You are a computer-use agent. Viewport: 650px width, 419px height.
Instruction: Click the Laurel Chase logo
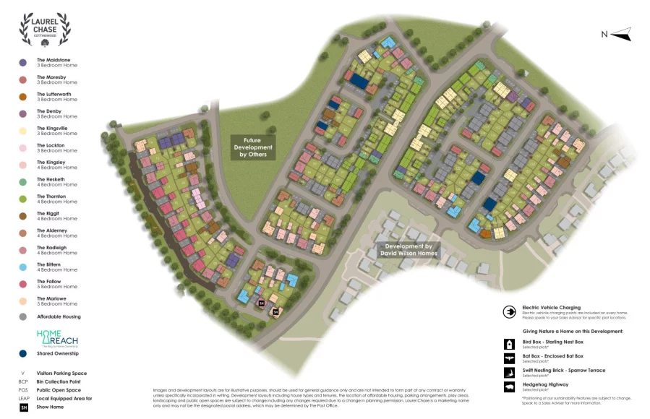[x=45, y=30]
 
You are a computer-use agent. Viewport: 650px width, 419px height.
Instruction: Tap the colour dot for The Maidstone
[x=22, y=63]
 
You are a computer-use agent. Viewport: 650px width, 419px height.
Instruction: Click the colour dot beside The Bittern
[x=22, y=267]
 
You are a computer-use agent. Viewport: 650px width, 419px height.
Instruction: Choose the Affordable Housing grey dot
[x=22, y=317]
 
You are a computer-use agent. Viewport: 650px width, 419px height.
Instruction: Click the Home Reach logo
[x=57, y=339]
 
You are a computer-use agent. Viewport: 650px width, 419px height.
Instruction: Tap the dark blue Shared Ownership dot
[x=22, y=354]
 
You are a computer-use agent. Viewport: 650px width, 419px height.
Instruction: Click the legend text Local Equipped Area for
[x=64, y=399]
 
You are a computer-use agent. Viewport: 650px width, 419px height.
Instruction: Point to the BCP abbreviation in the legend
[x=23, y=381]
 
